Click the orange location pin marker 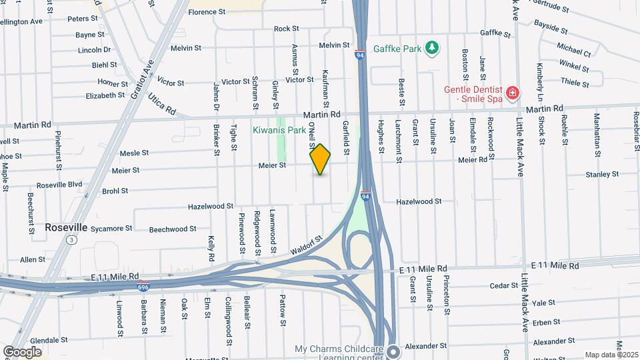(x=320, y=159)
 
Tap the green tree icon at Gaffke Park (x=433, y=47)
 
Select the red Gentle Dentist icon (x=512, y=93)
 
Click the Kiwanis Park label (x=279, y=131)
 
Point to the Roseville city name (x=66, y=227)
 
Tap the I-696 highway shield (x=143, y=287)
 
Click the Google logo (x=22, y=352)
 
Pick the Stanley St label (x=583, y=175)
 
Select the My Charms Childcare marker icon (x=393, y=350)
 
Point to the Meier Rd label (x=473, y=159)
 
